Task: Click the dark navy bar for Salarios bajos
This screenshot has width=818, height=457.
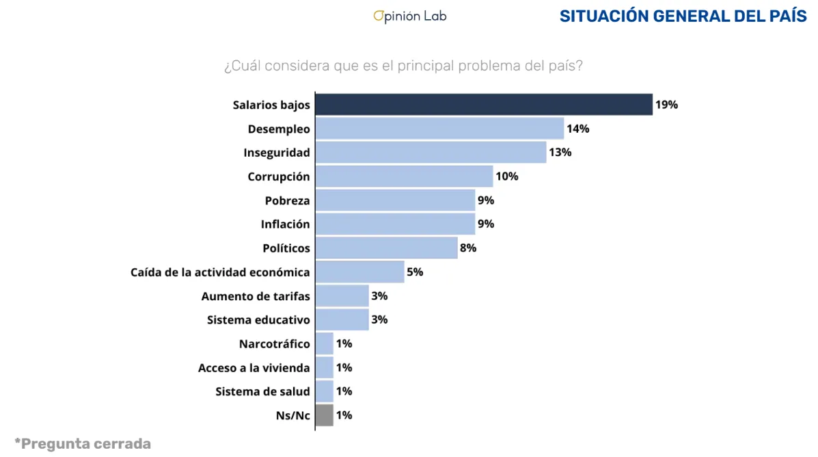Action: pyautogui.click(x=484, y=105)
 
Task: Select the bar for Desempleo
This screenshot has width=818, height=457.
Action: pyautogui.click(x=439, y=129)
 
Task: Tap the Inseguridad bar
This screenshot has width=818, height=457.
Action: pyautogui.click(x=431, y=152)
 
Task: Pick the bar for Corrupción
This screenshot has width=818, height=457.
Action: pyautogui.click(x=404, y=177)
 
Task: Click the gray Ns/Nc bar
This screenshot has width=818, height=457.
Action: pyautogui.click(x=325, y=415)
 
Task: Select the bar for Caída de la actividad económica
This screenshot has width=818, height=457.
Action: pyautogui.click(x=359, y=272)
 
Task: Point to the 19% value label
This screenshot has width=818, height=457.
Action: pyautogui.click(x=666, y=105)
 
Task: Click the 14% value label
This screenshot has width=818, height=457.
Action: pyautogui.click(x=577, y=129)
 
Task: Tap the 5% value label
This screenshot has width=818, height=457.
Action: pyautogui.click(x=415, y=272)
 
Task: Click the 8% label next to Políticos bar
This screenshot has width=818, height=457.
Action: pyautogui.click(x=468, y=248)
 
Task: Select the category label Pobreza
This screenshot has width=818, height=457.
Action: pyautogui.click(x=287, y=200)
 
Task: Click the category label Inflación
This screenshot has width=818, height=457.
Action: pyautogui.click(x=285, y=224)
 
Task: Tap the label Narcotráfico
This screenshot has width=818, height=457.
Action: pyautogui.click(x=274, y=343)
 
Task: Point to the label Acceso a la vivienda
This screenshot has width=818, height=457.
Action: pyautogui.click(x=254, y=367)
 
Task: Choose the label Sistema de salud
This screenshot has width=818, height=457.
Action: pyautogui.click(x=262, y=391)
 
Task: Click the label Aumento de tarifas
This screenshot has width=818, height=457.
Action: pyautogui.click(x=256, y=296)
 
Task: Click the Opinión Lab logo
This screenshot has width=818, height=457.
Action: pyautogui.click(x=409, y=16)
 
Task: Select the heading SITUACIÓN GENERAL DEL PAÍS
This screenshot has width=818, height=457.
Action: pyautogui.click(x=683, y=16)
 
